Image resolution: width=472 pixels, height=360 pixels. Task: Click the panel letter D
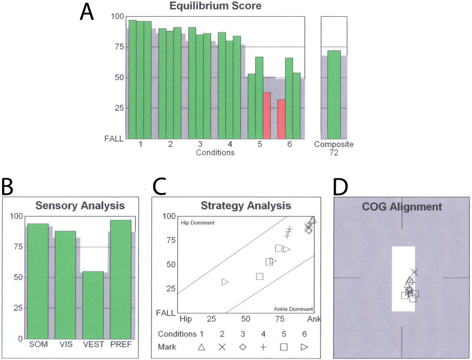point(342,187)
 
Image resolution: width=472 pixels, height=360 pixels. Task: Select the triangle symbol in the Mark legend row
point(201,346)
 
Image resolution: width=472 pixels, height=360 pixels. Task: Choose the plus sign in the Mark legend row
point(263,346)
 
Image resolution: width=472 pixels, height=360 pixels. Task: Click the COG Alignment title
point(402,206)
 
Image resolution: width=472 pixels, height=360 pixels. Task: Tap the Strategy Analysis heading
point(245,205)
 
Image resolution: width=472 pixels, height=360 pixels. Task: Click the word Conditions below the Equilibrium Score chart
point(214,152)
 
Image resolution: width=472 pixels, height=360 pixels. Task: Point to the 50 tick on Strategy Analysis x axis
point(245,319)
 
